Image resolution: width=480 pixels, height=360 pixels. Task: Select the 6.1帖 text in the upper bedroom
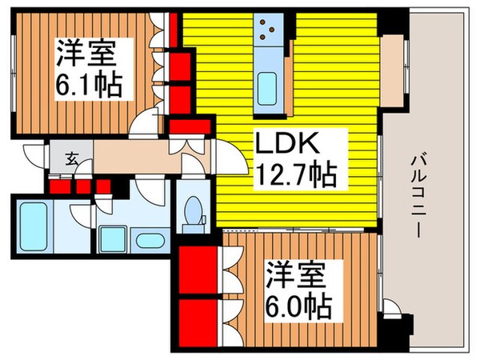point(89,84)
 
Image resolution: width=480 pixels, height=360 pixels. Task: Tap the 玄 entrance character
point(71,158)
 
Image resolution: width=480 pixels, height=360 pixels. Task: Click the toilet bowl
point(192,212)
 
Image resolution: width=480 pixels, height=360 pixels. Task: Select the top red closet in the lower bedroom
point(196,272)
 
